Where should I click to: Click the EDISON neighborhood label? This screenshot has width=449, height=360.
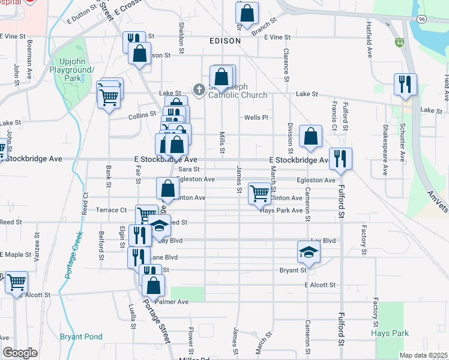(x=225, y=41)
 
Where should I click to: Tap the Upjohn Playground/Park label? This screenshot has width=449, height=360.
(x=77, y=70)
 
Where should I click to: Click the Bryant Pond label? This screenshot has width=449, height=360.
(x=81, y=337)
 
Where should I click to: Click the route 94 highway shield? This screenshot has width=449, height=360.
(x=400, y=43)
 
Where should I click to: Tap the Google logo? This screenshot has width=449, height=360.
(x=20, y=353)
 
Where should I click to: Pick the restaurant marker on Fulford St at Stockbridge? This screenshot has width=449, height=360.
(x=340, y=158)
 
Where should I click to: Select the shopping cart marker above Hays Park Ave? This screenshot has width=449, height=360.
(x=259, y=193)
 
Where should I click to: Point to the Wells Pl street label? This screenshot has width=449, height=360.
(x=255, y=118)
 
